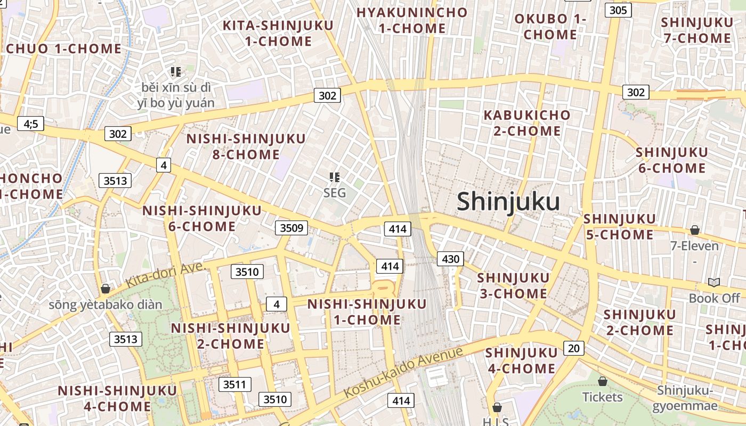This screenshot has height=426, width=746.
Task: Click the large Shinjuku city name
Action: (x=508, y=202)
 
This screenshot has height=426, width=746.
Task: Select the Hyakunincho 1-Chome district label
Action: (x=411, y=20)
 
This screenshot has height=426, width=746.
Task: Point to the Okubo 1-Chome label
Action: (x=550, y=27)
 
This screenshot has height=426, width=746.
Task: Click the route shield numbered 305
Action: (x=618, y=10)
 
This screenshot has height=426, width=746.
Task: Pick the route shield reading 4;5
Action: (x=31, y=124)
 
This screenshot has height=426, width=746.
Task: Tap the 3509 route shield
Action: (x=291, y=228)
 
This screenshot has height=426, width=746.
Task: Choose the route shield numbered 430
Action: (x=450, y=259)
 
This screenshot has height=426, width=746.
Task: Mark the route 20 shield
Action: (x=573, y=348)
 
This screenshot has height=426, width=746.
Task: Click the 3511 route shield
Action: (x=234, y=384)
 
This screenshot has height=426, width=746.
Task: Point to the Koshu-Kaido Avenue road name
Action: (x=403, y=372)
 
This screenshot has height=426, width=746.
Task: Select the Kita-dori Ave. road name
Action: (x=166, y=275)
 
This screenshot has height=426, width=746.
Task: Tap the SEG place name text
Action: (x=335, y=193)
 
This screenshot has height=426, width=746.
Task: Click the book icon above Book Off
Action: (x=714, y=282)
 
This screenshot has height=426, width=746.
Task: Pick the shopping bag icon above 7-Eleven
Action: (x=694, y=230)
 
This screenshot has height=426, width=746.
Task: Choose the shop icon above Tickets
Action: (x=602, y=381)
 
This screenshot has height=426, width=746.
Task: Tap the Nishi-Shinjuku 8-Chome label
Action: (x=246, y=147)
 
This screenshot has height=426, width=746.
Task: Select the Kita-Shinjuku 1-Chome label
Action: (x=278, y=33)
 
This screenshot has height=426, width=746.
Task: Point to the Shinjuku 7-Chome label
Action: (x=697, y=30)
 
